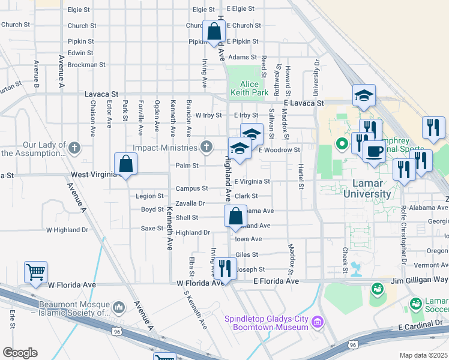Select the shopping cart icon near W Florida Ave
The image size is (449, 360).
point(35,272)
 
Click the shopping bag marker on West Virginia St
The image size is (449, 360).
point(125,163)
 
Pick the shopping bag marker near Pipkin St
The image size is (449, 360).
point(214,31)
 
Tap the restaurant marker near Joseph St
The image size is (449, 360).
point(224,267)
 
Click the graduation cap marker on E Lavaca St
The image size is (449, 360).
point(364,95)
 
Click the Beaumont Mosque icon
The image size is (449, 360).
point(119,308)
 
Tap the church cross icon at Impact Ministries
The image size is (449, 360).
point(206,147)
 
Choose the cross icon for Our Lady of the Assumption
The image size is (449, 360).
point(74,148)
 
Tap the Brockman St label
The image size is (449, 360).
point(86,64)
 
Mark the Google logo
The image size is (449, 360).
point(20,353)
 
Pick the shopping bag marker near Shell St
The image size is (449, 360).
point(236,216)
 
